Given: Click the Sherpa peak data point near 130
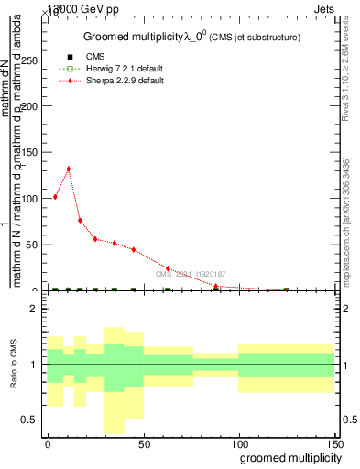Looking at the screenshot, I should point(68,169).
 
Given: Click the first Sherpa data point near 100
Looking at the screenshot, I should point(55,197).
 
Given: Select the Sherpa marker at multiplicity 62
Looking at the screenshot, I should point(168,268).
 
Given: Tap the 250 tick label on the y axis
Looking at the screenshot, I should point(30,60).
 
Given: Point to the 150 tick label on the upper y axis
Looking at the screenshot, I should point(30,152).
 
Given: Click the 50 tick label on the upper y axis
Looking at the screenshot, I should point(33,245).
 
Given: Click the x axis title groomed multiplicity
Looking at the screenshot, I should point(286,456).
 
